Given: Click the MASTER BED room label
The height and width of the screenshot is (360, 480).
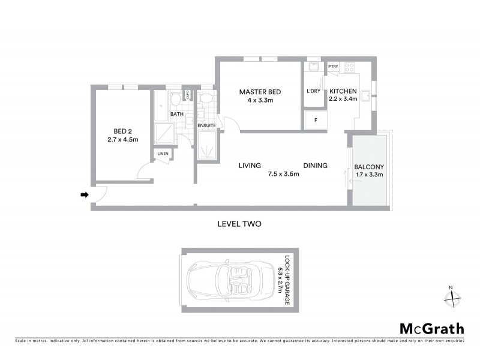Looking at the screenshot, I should (260, 92).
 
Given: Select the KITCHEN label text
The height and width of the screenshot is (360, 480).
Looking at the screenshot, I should (344, 91).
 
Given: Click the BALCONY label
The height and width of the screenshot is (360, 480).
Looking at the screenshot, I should (368, 166).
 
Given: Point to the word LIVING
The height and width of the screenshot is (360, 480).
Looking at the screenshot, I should (248, 166).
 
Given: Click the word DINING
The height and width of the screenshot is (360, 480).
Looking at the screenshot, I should (315, 166).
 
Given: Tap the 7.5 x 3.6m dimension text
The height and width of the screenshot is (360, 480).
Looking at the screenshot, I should (283, 175).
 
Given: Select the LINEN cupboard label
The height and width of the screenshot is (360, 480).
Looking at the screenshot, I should (163, 154).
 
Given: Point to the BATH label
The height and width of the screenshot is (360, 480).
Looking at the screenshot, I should (176, 113).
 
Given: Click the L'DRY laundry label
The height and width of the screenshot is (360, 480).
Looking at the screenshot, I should (314, 91).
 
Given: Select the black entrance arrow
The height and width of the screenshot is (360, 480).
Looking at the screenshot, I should (85, 194).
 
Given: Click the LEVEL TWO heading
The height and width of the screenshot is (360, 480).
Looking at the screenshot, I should (239, 223).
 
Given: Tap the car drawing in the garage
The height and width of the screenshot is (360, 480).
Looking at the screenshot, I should (231, 280).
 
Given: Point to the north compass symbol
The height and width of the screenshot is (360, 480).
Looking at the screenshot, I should (454, 295).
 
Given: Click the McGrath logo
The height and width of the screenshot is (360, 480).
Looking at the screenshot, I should (431, 328).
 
